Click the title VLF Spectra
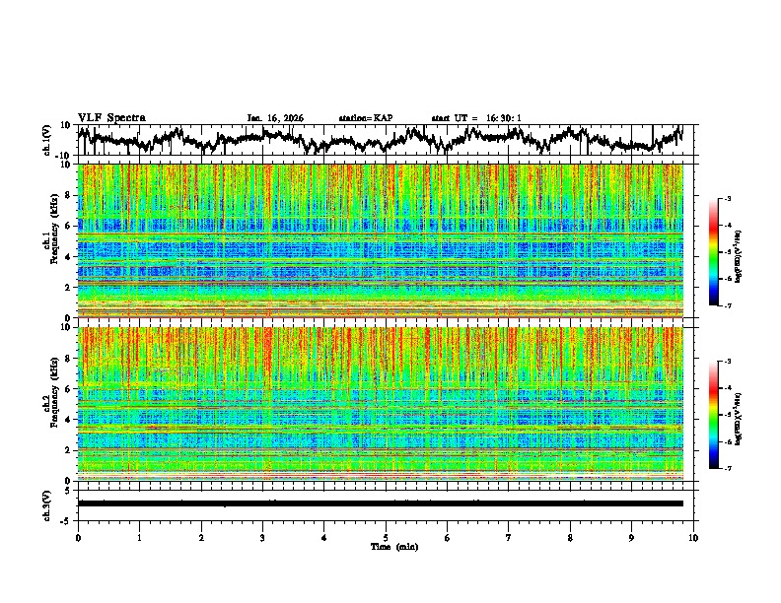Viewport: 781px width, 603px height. coord(111,117)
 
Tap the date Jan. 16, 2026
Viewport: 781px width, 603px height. coord(275,118)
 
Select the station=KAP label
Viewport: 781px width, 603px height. coord(365,118)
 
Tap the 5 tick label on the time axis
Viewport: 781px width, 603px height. coord(386,537)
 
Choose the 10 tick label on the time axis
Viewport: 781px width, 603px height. coord(693,537)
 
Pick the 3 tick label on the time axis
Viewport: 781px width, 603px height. coord(262,537)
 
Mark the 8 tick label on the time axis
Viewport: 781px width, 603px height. coord(570,537)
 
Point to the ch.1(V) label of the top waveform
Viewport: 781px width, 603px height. coord(47,140)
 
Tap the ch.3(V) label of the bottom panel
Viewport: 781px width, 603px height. coord(47,502)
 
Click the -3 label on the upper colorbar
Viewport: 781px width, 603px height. coord(727,199)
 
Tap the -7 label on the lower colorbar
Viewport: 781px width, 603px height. coord(727,469)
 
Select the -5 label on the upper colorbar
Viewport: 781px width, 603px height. coord(727,252)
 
